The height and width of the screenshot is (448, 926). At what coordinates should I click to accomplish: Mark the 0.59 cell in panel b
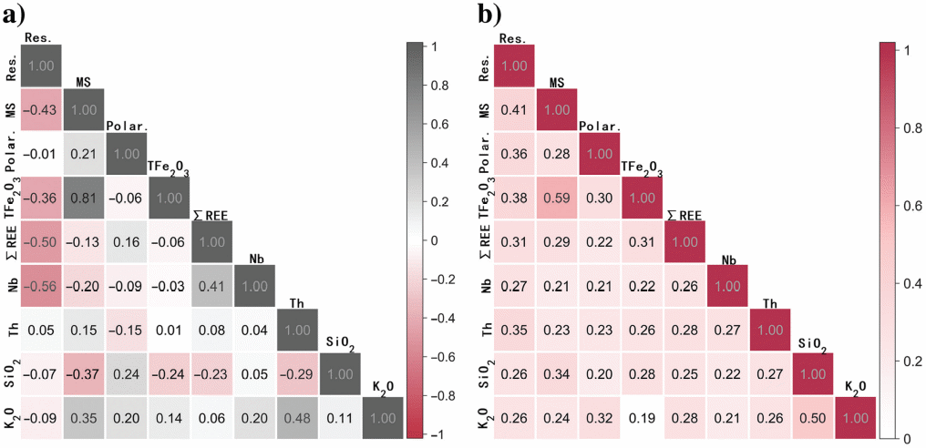(x=557, y=198)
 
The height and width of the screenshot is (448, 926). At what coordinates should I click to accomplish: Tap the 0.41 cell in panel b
(x=514, y=110)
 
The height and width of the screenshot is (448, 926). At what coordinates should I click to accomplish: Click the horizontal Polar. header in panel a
(x=127, y=126)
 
